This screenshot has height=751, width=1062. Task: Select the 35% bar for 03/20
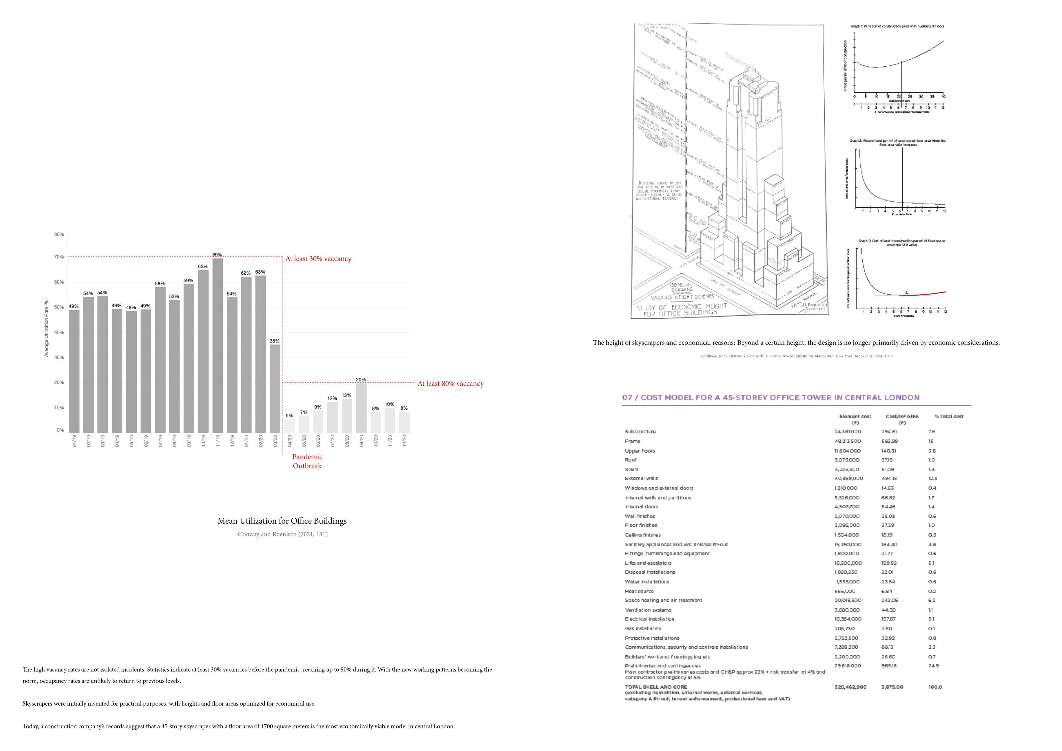tap(275, 388)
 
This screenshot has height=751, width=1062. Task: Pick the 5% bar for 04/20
tap(289, 425)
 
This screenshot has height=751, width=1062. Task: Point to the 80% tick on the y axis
tap(59, 235)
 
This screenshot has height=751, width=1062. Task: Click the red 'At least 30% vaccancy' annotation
tap(318, 259)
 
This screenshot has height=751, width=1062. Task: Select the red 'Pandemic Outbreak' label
tap(307, 461)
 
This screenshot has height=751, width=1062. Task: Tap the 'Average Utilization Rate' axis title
tap(46, 328)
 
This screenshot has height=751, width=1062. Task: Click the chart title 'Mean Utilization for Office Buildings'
tap(282, 521)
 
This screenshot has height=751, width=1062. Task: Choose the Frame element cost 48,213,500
tap(848, 441)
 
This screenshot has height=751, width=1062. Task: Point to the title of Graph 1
tap(897, 26)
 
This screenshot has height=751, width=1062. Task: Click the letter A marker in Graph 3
tap(907, 293)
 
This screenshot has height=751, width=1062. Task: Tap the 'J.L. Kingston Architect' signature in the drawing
tap(815, 307)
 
